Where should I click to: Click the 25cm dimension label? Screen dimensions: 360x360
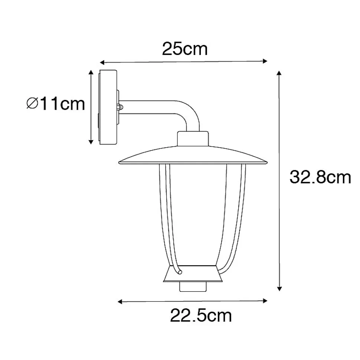[x=185, y=49]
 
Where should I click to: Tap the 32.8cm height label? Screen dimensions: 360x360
[x=320, y=177]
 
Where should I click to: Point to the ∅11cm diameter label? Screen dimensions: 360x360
[x=56, y=104]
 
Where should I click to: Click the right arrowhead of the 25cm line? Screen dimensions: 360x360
[x=265, y=61]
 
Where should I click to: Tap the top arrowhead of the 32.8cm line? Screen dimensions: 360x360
[x=279, y=73]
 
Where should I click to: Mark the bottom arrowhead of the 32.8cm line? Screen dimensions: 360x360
[x=279, y=288]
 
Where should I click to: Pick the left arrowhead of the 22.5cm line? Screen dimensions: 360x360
[x=120, y=301]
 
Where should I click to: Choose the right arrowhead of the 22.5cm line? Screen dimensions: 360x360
[x=265, y=301]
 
